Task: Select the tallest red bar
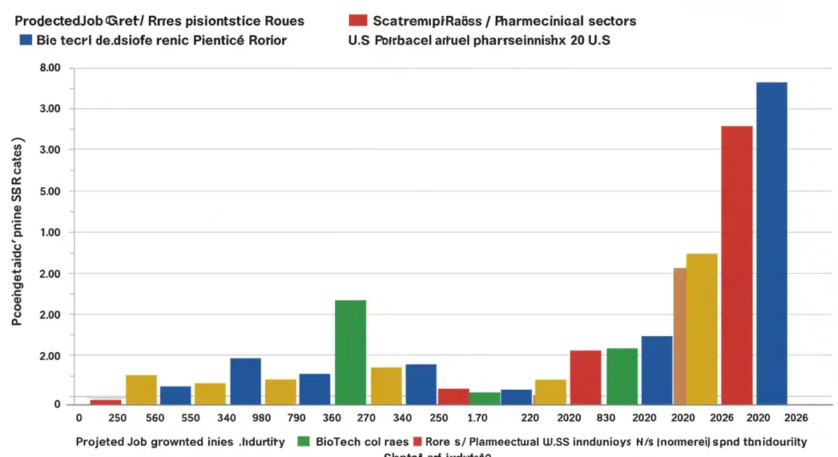[737, 265]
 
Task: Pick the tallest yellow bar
[702, 328]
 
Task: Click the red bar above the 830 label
[585, 377]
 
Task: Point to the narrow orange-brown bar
[679, 335]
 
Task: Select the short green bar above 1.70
[484, 398]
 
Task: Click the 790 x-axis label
[297, 418]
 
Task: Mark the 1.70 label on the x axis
[477, 418]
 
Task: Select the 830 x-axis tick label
[605, 418]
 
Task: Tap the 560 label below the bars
[154, 418]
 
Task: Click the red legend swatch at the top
[358, 21]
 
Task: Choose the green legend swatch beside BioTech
[303, 442]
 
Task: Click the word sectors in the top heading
[612, 21]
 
